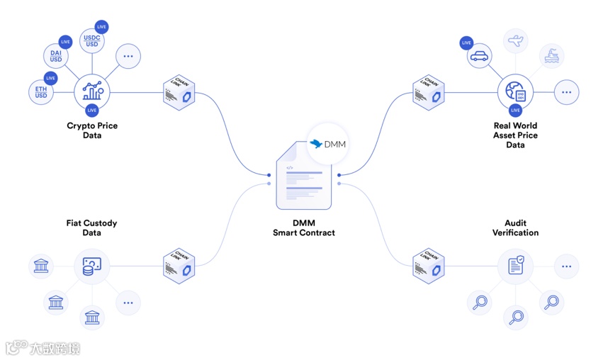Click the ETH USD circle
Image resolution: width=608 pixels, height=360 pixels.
tap(41, 91)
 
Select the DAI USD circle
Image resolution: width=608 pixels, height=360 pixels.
tap(55, 55)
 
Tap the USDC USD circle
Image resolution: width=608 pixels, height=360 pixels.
tap(92, 40)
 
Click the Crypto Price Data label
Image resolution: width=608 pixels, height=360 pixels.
tap(92, 130)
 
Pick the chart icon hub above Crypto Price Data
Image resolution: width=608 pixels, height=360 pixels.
tap(92, 92)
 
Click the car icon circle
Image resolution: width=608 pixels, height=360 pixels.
tap(480, 56)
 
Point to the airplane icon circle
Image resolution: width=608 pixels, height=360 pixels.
tap(516, 40)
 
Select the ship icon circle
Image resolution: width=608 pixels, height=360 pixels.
tap(552, 56)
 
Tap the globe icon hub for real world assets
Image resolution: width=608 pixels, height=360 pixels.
tap(515, 92)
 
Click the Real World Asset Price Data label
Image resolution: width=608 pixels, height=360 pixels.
tap(515, 135)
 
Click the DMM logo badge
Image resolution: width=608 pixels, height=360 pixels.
tap(328, 144)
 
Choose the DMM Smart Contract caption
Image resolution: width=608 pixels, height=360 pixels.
tap(304, 227)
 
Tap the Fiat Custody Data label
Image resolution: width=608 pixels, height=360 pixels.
tap(92, 227)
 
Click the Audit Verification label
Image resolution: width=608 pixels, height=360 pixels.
tap(515, 227)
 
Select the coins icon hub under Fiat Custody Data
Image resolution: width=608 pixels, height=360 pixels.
tap(92, 266)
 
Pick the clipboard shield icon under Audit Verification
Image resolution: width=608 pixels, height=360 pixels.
tap(515, 266)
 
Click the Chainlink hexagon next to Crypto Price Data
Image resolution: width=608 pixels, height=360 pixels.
tap(179, 92)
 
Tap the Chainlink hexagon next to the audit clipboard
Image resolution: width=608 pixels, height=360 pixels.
tap(428, 266)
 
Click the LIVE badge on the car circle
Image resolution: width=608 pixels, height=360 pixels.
tap(466, 43)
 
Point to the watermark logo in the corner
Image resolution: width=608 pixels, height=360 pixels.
tap(43, 348)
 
